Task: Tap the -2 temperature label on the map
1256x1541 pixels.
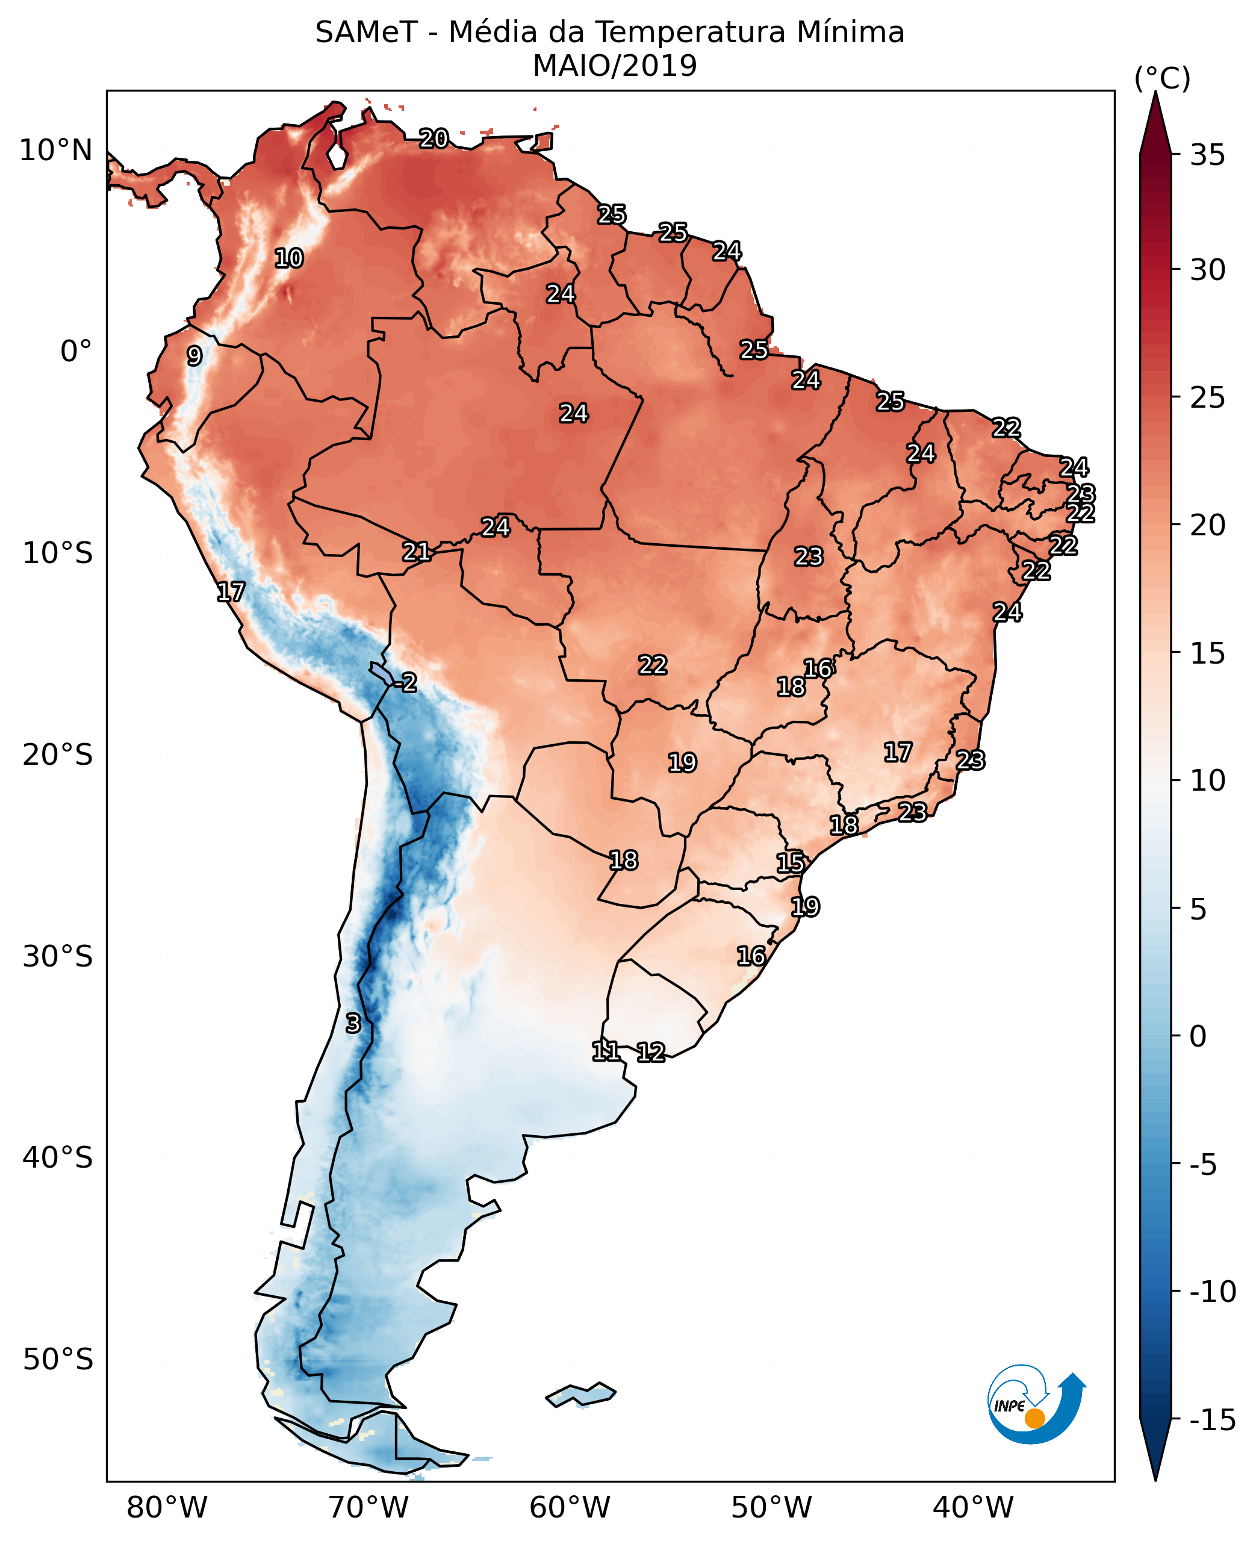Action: (x=408, y=682)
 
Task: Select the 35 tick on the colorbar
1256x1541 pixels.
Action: (x=1207, y=155)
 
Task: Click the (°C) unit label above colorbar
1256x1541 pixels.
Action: (x=1162, y=78)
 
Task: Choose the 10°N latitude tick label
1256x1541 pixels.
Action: (x=57, y=151)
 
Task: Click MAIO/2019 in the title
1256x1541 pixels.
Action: (x=614, y=66)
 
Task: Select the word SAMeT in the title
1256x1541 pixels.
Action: (x=366, y=33)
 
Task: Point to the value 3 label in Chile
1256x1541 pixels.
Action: (x=353, y=1024)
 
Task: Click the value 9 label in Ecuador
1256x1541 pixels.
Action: (x=194, y=356)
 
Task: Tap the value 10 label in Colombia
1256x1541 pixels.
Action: (x=288, y=258)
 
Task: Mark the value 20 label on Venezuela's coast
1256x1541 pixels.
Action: (x=434, y=138)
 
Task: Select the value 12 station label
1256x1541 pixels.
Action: (x=651, y=1053)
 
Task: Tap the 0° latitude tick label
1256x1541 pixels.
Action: (x=76, y=352)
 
